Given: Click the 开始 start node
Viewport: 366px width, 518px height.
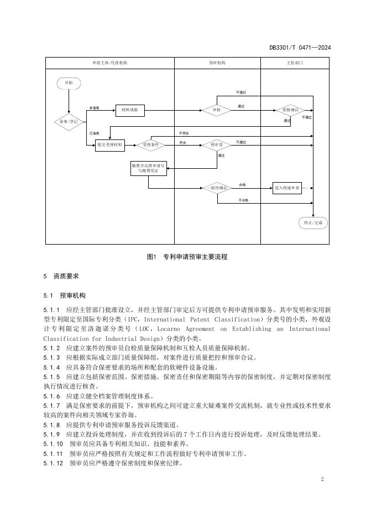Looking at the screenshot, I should pyautogui.click(x=69, y=83).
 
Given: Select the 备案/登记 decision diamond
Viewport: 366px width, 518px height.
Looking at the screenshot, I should pyautogui.click(x=69, y=122).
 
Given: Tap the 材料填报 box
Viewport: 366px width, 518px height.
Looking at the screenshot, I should pyautogui.click(x=130, y=110).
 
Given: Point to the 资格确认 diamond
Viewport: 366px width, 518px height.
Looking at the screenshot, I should pyautogui.click(x=291, y=110).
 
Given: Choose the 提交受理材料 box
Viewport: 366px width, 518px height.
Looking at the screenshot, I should pyautogui.click(x=110, y=144).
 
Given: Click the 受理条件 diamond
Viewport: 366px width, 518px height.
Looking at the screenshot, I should pyautogui.click(x=150, y=144).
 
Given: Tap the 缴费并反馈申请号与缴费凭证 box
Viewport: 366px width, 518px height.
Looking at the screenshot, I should pyautogui.click(x=148, y=168).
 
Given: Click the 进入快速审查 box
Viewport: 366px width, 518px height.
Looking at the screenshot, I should pyautogui.click(x=287, y=188).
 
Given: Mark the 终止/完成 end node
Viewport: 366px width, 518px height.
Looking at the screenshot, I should pyautogui.click(x=313, y=222).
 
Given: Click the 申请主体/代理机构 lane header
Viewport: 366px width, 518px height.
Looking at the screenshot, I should pyautogui.click(x=109, y=63).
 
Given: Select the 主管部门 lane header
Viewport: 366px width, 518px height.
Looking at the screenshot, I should pyautogui.click(x=295, y=63).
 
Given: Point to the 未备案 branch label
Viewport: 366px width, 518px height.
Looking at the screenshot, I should pyautogui.click(x=95, y=107).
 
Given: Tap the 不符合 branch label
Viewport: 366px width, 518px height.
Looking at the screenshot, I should pyautogui.click(x=184, y=133).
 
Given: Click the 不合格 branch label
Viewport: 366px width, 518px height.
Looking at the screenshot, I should pyautogui.click(x=243, y=200).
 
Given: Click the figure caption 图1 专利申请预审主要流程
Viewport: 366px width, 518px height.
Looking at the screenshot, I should pyautogui.click(x=187, y=257).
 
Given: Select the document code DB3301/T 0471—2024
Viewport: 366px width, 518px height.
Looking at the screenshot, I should pyautogui.click(x=300, y=48).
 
